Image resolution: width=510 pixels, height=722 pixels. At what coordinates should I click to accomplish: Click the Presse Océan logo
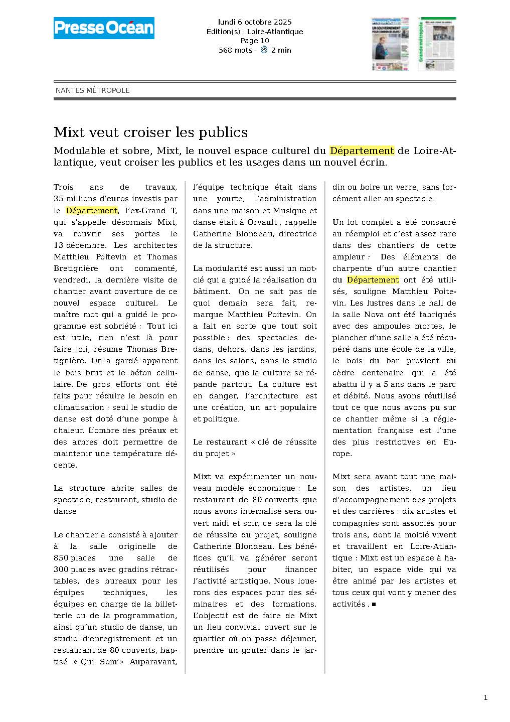pos(104,28)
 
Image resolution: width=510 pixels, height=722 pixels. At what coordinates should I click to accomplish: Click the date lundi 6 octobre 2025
pos(255,22)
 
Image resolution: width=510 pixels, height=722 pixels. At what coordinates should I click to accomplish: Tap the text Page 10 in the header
pos(255,41)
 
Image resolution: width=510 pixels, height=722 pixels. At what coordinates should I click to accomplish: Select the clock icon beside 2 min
pos(264,50)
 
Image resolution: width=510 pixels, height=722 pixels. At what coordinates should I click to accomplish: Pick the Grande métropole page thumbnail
pos(436,44)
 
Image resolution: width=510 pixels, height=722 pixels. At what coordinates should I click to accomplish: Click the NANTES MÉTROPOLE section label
pos(93,90)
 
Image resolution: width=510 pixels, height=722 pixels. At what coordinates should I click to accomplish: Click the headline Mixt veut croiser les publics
pos(150,132)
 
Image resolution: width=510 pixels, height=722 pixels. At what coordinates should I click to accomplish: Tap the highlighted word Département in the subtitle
pos(362,151)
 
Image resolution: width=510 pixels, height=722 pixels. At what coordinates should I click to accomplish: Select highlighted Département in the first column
pos(92,211)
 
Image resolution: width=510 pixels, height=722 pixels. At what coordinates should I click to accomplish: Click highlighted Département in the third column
pos(373,280)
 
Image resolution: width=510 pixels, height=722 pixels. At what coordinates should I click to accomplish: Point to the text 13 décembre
pos(80,245)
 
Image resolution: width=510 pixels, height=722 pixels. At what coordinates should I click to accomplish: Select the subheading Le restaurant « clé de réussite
pos(255,442)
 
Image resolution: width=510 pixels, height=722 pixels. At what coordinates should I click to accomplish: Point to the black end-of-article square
pos(374,605)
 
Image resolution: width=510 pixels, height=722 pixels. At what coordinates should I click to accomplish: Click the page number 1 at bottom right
pos(485,697)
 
